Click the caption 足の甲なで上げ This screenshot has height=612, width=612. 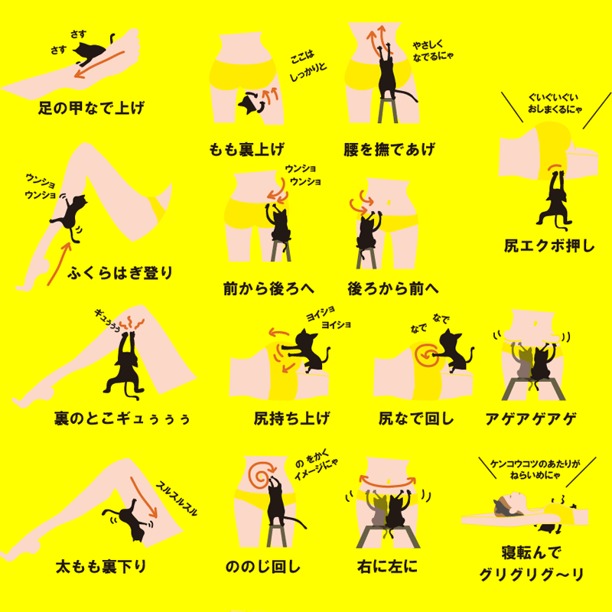91,108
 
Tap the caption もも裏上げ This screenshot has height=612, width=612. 246,149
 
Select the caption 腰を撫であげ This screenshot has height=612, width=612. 389,149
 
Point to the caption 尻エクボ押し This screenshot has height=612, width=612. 549,246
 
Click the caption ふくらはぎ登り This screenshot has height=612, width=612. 120,273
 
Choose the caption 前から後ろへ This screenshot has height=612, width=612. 269,289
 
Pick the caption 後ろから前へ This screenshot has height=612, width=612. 393,289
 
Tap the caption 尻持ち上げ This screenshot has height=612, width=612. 291,418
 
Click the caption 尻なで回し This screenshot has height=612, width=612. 416,418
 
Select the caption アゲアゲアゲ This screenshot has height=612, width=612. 531,418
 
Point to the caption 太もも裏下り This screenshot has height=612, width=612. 101,566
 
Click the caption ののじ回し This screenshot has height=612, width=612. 263,566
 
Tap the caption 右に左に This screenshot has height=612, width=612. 387,566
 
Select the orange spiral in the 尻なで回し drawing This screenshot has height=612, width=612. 426,354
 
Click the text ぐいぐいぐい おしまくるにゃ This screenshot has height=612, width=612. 555,103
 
